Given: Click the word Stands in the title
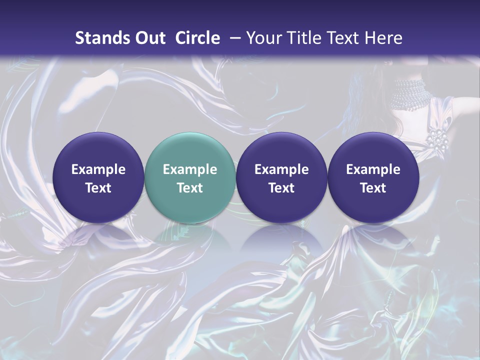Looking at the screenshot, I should click(102, 38).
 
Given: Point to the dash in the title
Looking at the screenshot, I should click(233, 38).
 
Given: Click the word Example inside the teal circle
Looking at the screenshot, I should click(189, 169).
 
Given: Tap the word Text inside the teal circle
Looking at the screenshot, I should click(189, 188).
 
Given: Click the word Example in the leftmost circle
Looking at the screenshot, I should click(98, 169).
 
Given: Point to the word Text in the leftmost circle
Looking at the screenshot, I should click(98, 188).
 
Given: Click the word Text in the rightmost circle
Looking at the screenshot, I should click(373, 188).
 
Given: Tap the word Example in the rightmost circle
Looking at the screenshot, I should click(373, 169).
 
